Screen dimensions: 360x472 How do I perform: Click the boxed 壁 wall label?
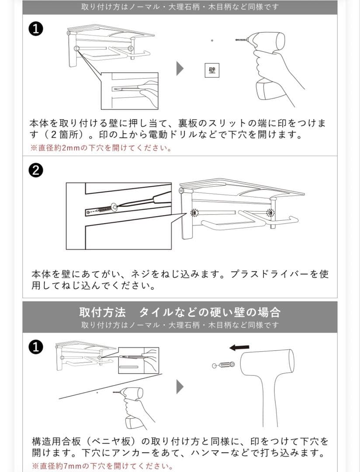coord(212,70)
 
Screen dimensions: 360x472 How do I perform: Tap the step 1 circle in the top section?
coord(35,30)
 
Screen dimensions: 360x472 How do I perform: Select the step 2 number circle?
coord(35,170)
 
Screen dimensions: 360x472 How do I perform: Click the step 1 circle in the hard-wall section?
coord(35,347)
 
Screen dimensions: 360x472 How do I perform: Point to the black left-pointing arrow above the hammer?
coord(239,347)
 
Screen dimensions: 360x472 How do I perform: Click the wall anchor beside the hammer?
coord(223,365)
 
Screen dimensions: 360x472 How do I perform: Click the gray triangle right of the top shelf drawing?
coord(180,69)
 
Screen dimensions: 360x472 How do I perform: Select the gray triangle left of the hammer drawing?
coord(180,386)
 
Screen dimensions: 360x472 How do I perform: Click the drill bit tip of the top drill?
coord(235,40)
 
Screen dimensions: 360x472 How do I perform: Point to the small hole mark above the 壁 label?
coord(212,40)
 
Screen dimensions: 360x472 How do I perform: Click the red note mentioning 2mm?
coord(101,148)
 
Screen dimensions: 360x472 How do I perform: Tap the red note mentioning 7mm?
coord(102,466)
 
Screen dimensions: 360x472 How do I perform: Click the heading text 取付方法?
coord(102,312)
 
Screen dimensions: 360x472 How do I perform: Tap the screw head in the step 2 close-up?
coord(114,207)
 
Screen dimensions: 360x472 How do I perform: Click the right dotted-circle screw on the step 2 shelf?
coord(270,213)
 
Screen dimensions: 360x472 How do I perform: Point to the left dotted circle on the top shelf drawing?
coord(77,49)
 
